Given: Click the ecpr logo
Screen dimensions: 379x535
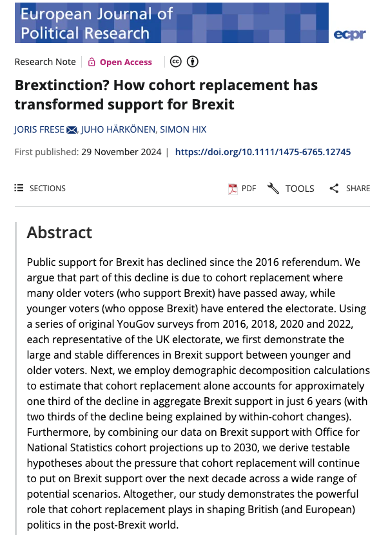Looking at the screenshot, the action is tap(350, 34).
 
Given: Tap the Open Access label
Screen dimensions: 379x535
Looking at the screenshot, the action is tap(126, 62).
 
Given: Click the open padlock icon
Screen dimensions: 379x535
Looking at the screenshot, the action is tap(92, 62).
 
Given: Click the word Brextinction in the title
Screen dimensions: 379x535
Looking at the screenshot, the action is tap(57, 85).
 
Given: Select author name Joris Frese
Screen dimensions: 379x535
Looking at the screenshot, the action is tap(39, 129).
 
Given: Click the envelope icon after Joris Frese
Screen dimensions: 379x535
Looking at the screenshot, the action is tap(72, 129).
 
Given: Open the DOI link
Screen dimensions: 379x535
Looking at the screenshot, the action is tap(263, 152).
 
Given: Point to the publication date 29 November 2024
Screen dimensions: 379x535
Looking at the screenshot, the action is tap(121, 152).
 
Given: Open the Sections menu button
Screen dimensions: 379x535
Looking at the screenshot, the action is tap(40, 189).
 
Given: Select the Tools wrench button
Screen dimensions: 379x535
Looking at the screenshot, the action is tap(291, 189).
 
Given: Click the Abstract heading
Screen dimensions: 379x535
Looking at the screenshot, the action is tap(59, 232).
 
